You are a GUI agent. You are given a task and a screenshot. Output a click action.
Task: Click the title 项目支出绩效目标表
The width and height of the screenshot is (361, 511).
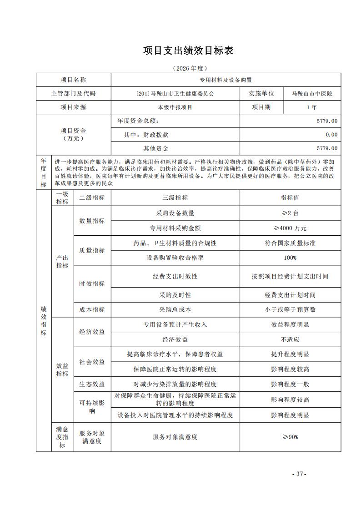[x=188, y=51]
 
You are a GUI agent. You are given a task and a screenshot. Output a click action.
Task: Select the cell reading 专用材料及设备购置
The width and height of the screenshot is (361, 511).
[x=226, y=80]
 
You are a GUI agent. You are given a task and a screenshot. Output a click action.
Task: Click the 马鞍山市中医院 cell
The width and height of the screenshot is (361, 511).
[x=312, y=94]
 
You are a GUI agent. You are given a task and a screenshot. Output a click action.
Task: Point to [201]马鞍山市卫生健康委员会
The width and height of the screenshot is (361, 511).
[x=175, y=94]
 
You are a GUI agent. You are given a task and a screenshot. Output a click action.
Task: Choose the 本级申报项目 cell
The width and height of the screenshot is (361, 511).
[x=175, y=107]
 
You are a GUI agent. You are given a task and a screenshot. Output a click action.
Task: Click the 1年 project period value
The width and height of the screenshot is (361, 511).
[x=312, y=107]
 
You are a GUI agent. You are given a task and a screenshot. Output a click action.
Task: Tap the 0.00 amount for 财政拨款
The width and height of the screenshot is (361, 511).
[x=331, y=135]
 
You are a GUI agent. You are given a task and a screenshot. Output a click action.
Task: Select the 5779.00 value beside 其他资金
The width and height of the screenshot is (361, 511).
[x=327, y=148]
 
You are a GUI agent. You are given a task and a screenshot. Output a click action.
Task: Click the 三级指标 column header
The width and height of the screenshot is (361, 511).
[x=175, y=198]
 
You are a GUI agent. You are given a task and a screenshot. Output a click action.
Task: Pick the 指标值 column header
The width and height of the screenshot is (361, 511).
[x=290, y=198]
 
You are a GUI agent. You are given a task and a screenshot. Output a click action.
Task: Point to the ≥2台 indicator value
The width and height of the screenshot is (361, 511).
[x=290, y=213]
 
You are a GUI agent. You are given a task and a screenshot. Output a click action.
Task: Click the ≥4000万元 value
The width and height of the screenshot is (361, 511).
[x=290, y=228]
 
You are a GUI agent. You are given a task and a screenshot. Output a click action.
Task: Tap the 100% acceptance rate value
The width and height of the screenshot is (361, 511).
[x=290, y=258]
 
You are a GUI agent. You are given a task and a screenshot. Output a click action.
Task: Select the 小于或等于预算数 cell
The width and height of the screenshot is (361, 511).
[x=290, y=309]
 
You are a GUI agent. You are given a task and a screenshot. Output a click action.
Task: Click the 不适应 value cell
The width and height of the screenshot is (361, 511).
[x=290, y=339]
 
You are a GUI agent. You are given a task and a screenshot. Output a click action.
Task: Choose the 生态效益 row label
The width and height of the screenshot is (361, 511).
[x=92, y=384]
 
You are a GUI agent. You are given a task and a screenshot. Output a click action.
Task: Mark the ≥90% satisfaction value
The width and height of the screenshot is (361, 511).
[x=290, y=437]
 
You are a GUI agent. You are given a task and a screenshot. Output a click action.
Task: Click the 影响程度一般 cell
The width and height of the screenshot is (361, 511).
[x=290, y=384]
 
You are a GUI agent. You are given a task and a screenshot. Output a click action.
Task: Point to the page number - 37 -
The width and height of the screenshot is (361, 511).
[x=299, y=474]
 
